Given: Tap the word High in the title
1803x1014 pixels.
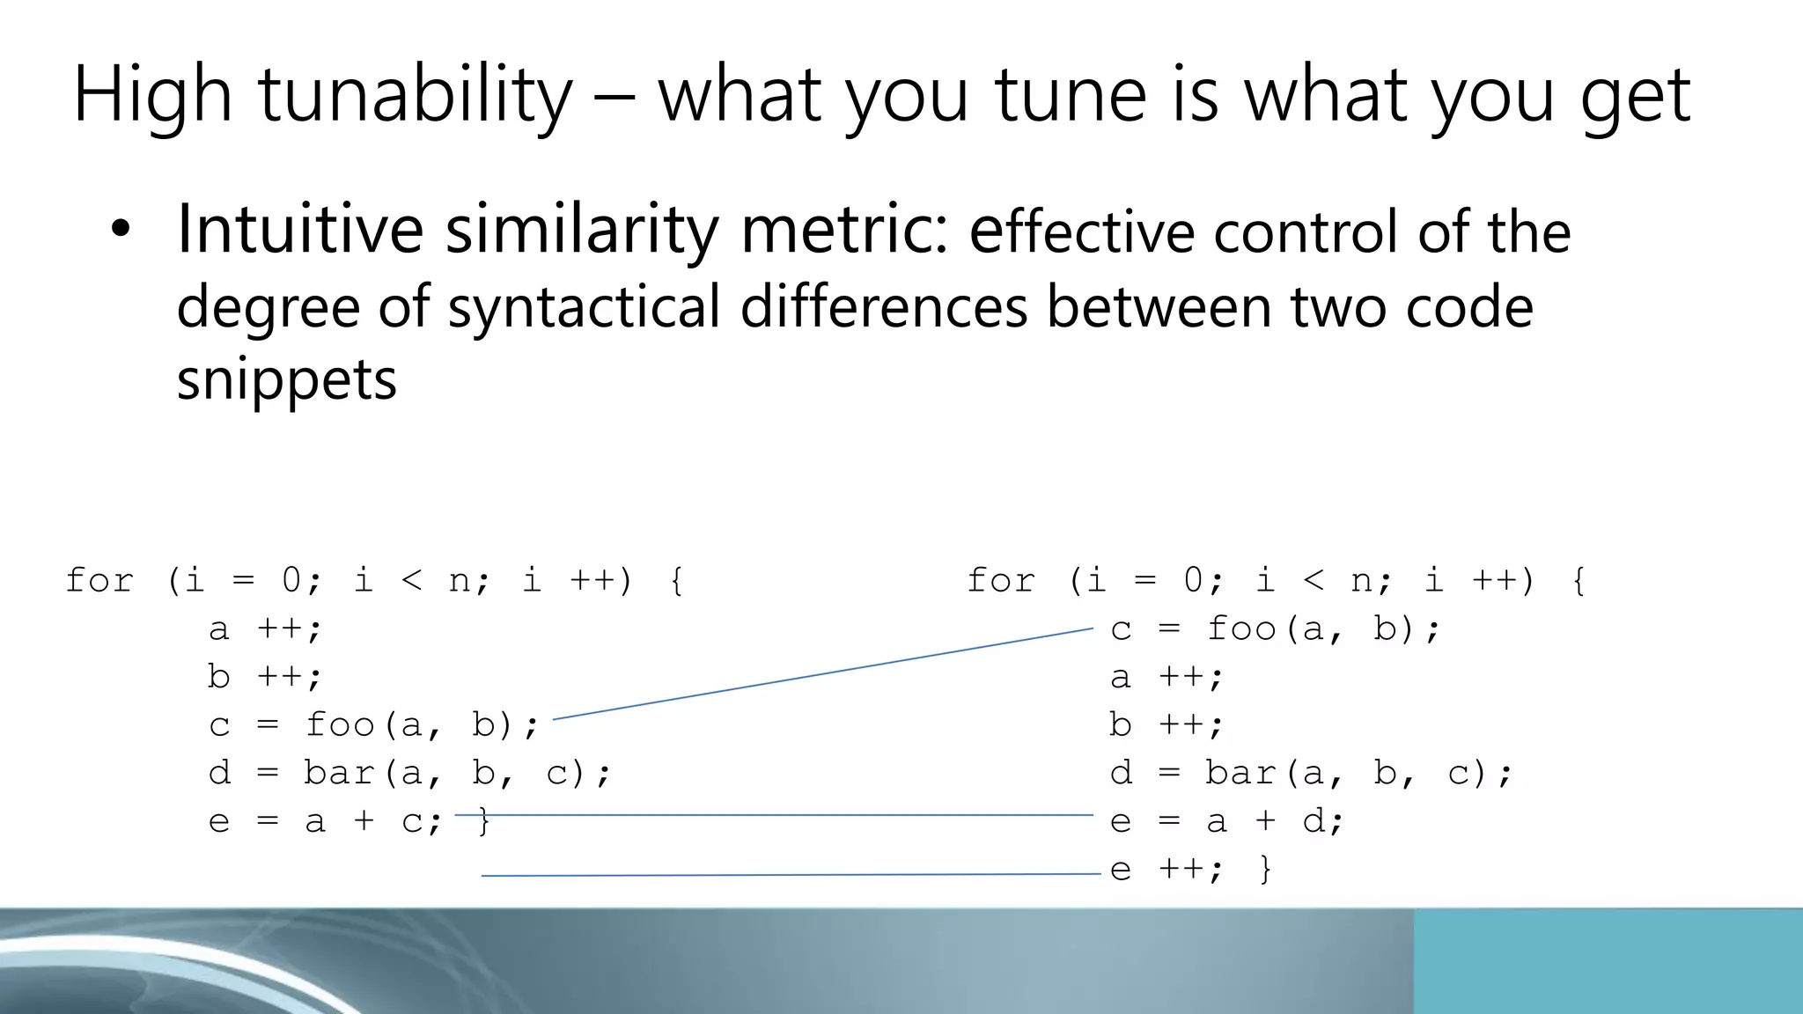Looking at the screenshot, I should [151, 95].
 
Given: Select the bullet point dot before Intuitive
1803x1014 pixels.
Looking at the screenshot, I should [121, 231].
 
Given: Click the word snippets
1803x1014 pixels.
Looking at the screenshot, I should [286, 380].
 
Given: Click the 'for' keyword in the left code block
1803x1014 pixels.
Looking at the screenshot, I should [99, 581].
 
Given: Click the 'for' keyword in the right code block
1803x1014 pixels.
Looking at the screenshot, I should [1001, 581].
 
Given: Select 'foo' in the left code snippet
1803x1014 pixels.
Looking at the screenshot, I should [340, 725].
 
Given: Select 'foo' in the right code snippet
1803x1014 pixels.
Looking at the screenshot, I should [1241, 629].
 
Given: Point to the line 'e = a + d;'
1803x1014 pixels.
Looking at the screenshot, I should [1226, 822].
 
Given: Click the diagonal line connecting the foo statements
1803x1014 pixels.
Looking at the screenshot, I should [822, 674].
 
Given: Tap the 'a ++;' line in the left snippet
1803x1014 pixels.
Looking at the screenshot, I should [265, 629].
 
